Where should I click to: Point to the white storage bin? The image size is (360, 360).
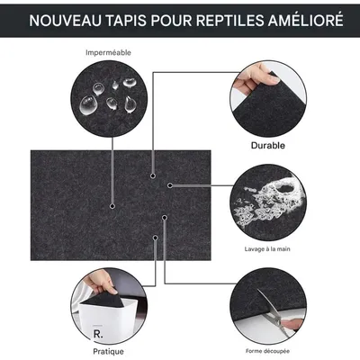pyautogui.click(x=104, y=315)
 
